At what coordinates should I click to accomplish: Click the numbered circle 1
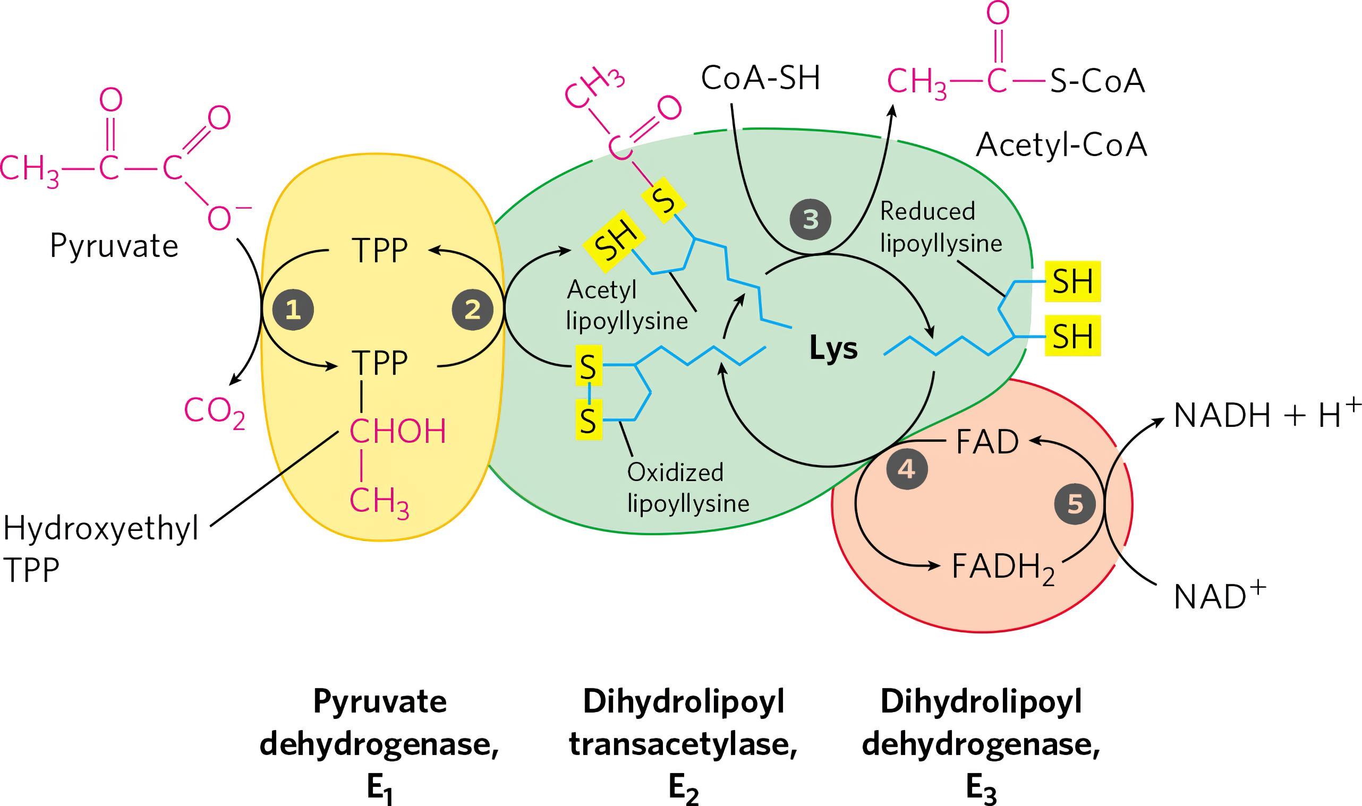click(293, 310)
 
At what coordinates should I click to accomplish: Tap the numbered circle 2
click(473, 310)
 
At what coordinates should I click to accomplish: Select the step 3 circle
click(810, 220)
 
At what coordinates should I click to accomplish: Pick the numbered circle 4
click(906, 469)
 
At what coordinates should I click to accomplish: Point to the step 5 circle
click(1075, 504)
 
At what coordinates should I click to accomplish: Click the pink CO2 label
click(215, 413)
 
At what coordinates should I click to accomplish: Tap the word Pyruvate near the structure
click(114, 246)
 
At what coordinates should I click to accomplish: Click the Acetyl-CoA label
click(1061, 145)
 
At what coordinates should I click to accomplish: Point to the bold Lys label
click(833, 349)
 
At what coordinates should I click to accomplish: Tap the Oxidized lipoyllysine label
click(688, 488)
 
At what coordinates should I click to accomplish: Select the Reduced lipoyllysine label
click(940, 227)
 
